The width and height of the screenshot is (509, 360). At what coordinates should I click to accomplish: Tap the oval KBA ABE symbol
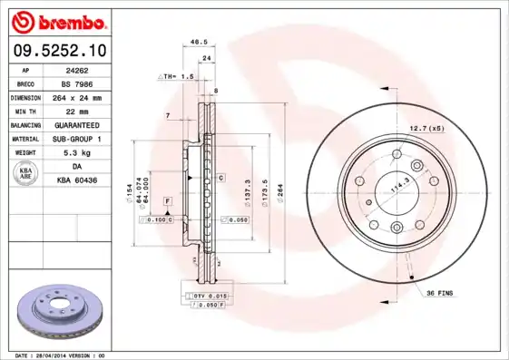pos(24,175)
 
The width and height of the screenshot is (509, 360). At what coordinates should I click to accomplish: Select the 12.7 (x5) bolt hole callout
pos(426,128)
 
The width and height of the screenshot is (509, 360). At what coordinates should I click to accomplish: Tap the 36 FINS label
pos(439,292)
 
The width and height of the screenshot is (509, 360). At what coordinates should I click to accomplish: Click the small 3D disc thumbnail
pos(61,314)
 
